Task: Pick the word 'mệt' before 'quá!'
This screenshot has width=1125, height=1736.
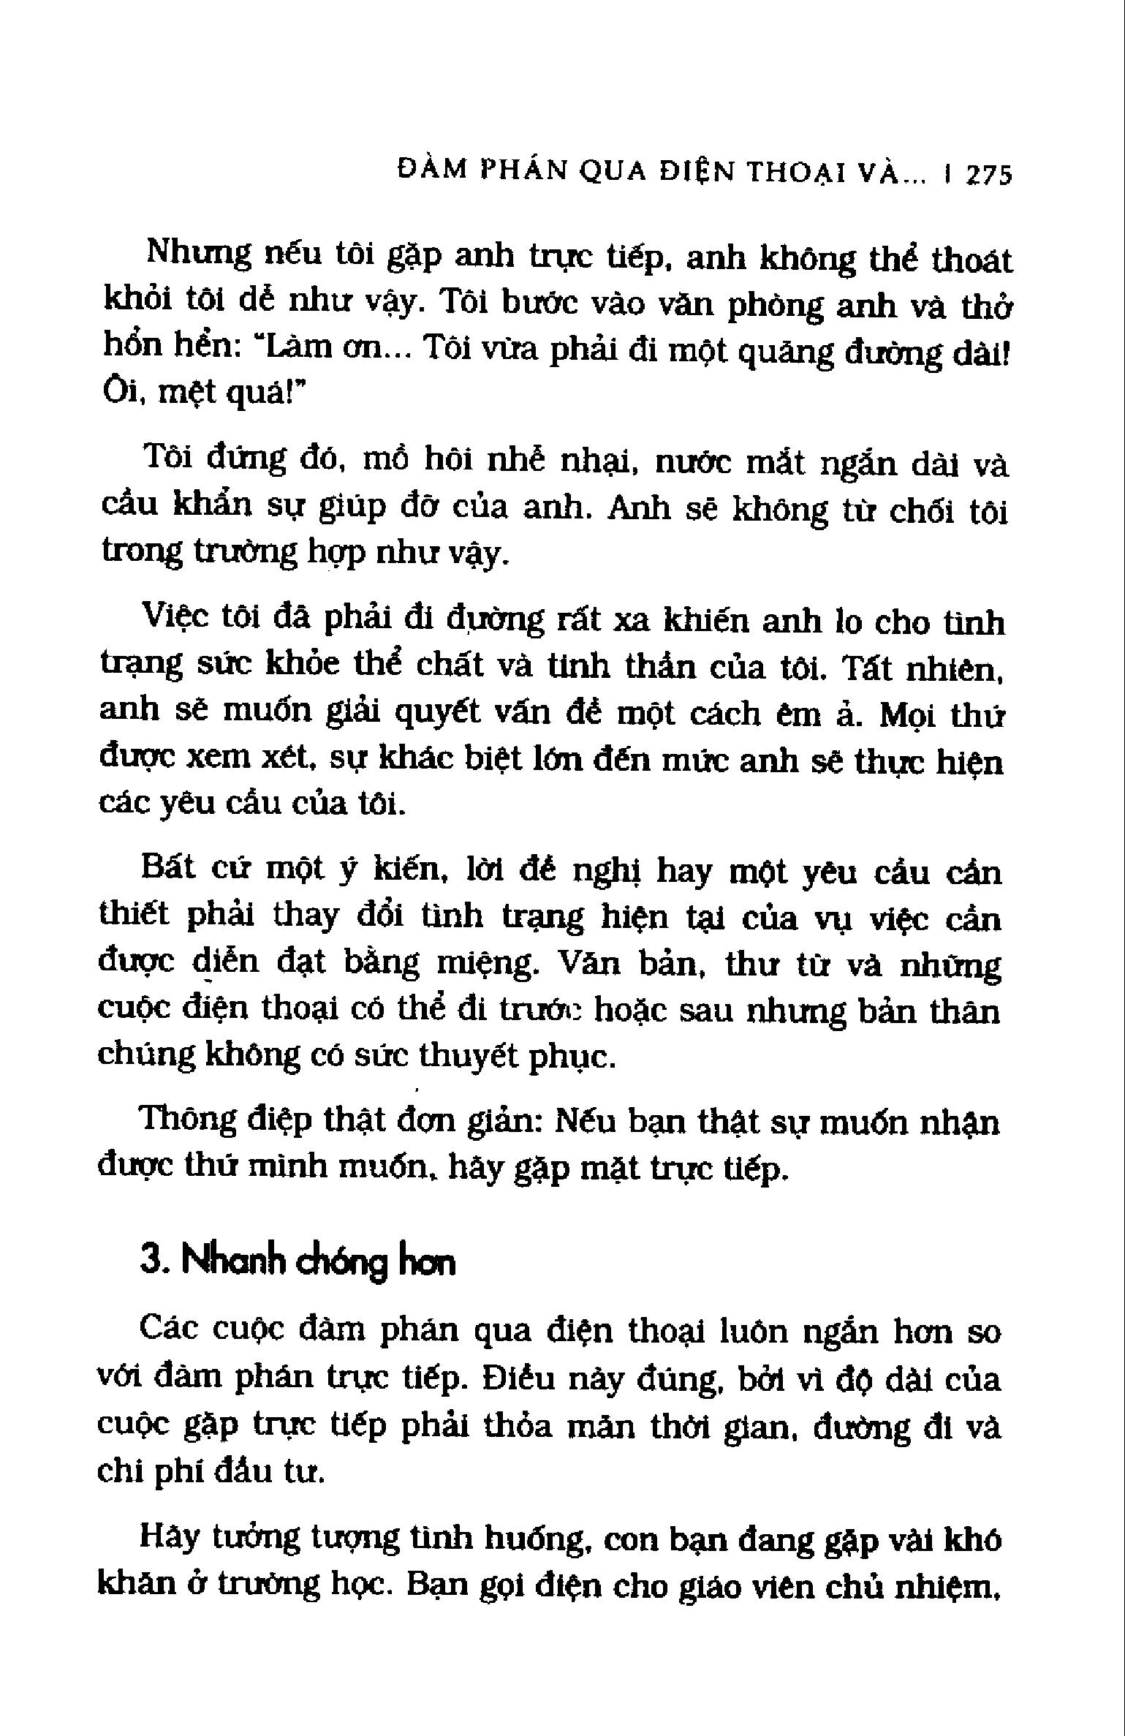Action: point(188,393)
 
